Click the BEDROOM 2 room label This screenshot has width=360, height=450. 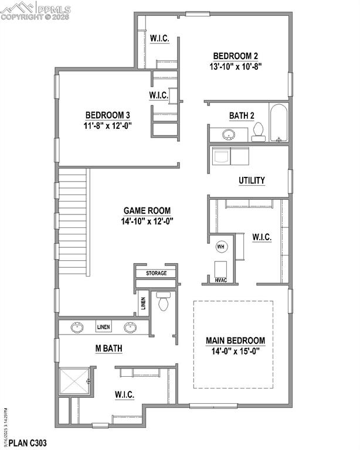pos(236,56)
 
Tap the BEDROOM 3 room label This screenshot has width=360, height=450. pos(108,115)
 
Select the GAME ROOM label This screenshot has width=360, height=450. pos(147,210)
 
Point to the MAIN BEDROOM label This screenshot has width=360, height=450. pos(235,340)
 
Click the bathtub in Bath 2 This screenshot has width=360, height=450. pos(279,124)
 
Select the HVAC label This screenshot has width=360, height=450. pos(220,280)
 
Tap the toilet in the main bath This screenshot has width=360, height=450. pos(164,302)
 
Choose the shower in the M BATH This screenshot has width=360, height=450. pos(74,381)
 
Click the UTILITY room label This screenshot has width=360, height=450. pos(252,180)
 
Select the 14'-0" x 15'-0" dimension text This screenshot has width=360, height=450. pos(236,352)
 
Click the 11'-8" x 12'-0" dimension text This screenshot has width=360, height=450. pos(108,125)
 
